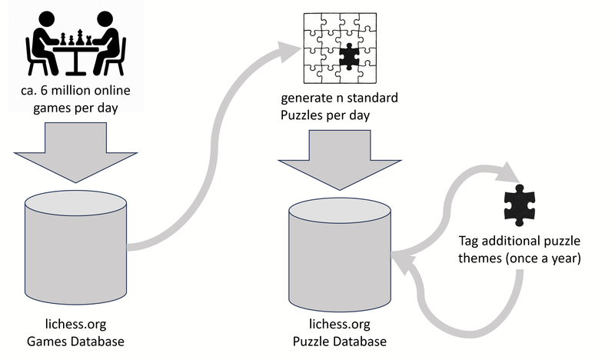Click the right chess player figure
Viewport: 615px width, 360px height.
click(x=107, y=43)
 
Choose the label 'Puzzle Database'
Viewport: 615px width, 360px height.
click(x=339, y=341)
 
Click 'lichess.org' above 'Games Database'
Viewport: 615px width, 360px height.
click(x=75, y=325)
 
